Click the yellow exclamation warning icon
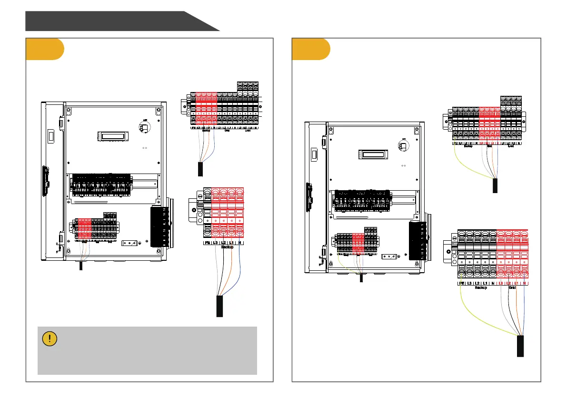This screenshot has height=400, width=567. pos(50,338)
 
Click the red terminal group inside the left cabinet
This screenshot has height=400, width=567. pos(84,229)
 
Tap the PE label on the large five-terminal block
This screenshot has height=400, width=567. pos(207,243)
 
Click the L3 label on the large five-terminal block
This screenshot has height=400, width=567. pos(215,243)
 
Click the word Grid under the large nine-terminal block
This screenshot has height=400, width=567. pos(512,287)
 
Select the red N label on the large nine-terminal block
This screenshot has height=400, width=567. pos(524,283)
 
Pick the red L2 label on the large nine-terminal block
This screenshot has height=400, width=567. pos(508,283)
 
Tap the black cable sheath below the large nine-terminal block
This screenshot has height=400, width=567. pos(520,346)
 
